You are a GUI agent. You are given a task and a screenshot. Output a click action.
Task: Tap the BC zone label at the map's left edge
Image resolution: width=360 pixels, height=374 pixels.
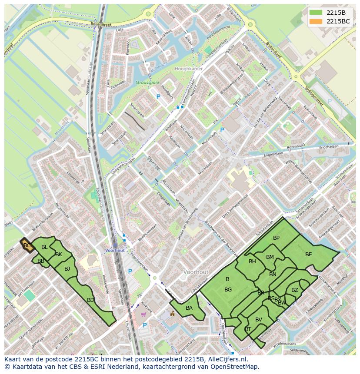point(27,245)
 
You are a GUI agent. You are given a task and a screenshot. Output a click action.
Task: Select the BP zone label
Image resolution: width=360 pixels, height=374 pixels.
point(276,238)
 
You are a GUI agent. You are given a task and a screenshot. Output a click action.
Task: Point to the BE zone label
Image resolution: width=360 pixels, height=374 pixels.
point(308,255)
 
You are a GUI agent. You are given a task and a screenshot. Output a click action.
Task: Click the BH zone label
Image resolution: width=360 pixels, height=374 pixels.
point(252,261)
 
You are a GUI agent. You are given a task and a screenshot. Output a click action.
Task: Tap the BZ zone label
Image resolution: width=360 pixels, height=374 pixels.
point(295,290)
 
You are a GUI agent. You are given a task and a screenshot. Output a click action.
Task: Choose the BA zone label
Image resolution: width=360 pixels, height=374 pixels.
point(189,308)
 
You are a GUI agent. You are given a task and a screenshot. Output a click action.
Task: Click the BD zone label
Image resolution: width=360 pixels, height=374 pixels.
point(90,300)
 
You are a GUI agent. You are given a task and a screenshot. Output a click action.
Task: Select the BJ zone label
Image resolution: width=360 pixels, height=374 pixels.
point(67,269)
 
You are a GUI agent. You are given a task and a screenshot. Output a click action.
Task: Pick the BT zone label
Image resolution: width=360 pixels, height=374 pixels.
point(248,329)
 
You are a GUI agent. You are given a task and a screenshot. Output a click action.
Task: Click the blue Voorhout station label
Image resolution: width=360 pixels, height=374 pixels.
point(115,251)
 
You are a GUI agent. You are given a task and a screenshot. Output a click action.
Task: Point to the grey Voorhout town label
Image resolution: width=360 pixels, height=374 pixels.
point(196,272)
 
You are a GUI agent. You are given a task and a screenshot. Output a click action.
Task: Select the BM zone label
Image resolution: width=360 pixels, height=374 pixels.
point(270,257)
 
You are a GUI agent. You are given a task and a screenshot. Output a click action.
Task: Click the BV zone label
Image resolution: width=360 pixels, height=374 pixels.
point(259,320)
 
